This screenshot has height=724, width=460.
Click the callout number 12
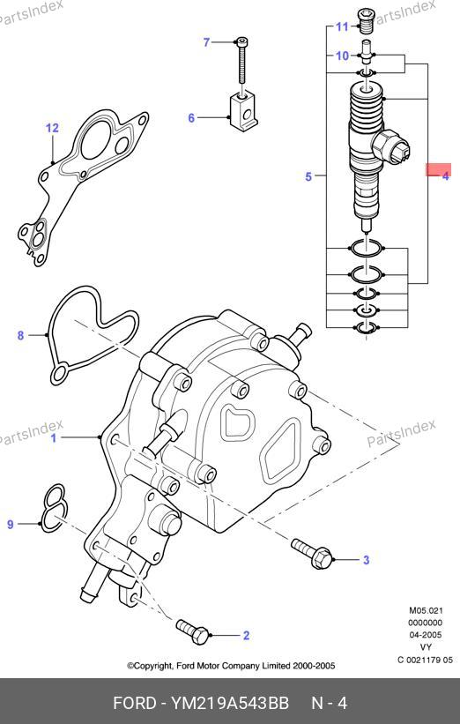52,128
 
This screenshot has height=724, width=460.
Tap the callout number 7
206,42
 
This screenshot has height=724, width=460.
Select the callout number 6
191,118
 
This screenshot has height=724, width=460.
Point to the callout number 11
342,26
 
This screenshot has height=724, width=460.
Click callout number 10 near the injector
342,56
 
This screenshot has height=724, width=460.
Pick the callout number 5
308,176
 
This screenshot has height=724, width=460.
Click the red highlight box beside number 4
438,169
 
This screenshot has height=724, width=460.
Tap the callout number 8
20,335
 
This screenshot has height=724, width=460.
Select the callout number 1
54,437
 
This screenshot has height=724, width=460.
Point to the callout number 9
11,524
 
